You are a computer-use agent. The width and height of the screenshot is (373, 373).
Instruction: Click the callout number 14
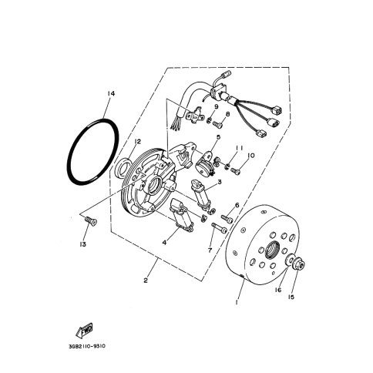tap(111, 94)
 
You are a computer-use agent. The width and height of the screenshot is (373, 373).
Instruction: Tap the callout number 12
tap(137, 142)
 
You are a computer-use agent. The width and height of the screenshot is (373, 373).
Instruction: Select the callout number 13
tap(83, 244)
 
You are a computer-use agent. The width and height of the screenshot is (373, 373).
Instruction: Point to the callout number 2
tap(146, 281)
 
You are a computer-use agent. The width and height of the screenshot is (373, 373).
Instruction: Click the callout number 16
tap(278, 290)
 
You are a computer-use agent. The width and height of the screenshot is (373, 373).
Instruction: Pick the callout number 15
tap(291, 297)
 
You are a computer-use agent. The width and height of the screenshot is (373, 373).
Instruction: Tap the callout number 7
tap(210, 250)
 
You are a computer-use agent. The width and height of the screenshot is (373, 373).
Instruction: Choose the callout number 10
tap(251, 156)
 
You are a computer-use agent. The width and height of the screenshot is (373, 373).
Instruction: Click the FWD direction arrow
tap(84, 330)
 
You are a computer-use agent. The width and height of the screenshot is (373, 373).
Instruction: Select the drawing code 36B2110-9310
tap(87, 346)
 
